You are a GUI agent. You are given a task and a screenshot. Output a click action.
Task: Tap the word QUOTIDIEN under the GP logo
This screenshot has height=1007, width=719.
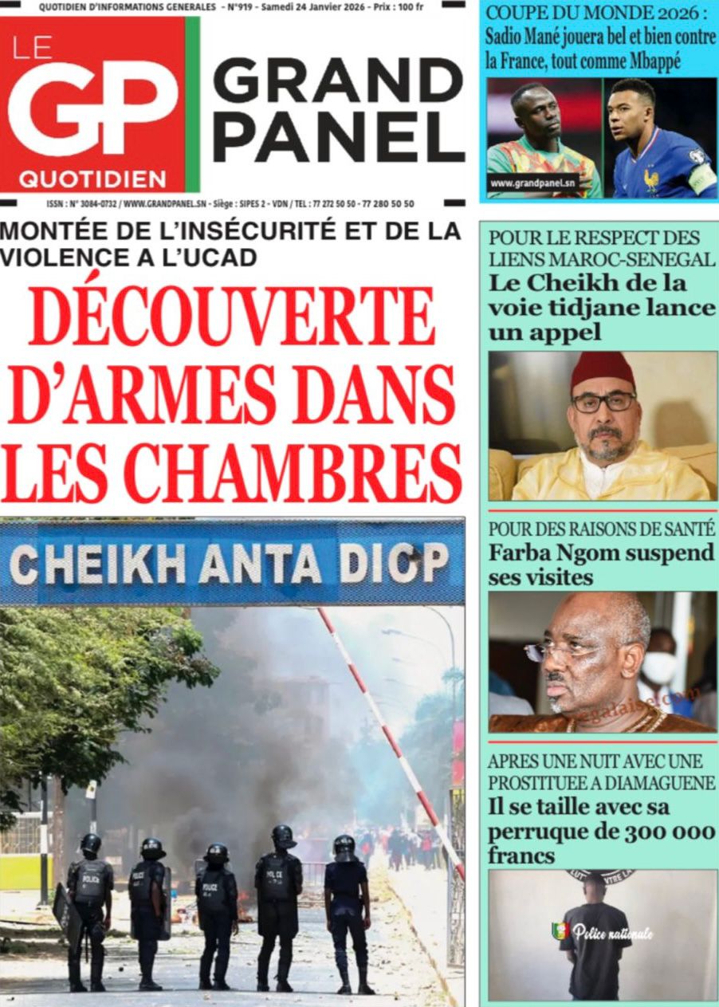coord(92,179)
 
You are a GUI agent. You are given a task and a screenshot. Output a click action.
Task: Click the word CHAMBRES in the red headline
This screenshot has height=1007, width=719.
coord(293,474)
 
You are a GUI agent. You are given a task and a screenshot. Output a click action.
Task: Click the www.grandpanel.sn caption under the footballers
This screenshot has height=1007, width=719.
coord(532,183)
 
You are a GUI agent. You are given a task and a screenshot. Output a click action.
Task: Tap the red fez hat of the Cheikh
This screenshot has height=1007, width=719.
coord(603,372)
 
